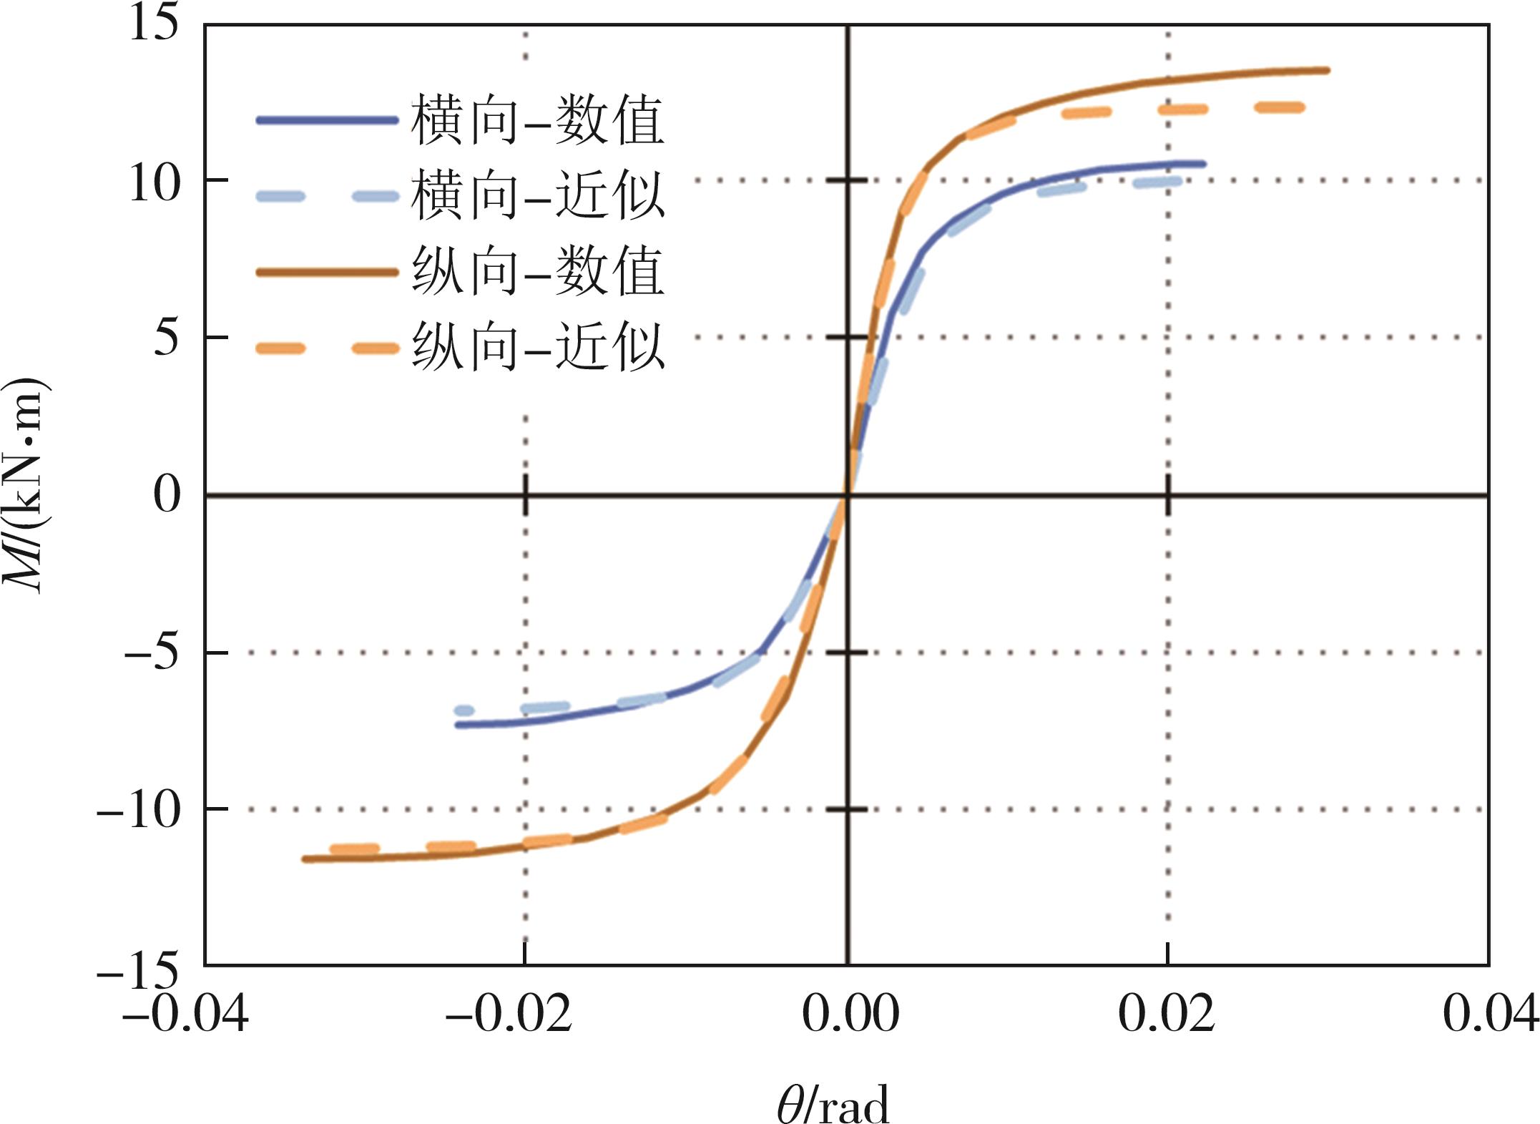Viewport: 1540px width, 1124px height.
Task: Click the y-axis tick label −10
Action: (138, 810)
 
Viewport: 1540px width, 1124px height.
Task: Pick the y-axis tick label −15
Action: (138, 967)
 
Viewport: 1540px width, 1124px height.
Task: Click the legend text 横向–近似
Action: (538, 195)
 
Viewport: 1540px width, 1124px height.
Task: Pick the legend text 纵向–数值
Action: (538, 272)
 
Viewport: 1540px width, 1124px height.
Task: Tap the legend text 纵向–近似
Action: (538, 348)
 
